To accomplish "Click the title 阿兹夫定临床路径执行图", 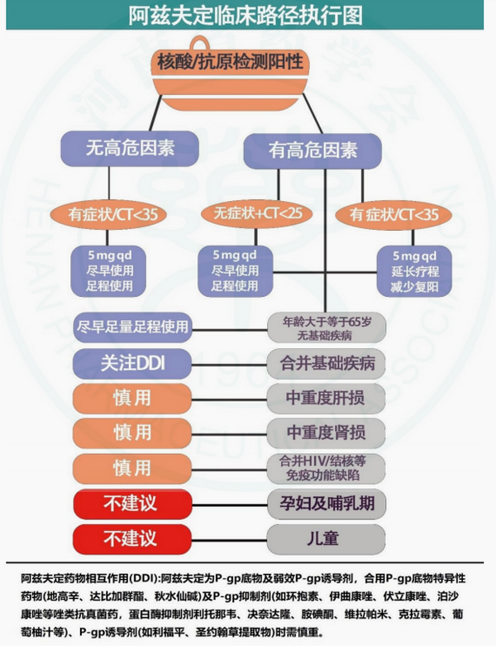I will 247,17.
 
